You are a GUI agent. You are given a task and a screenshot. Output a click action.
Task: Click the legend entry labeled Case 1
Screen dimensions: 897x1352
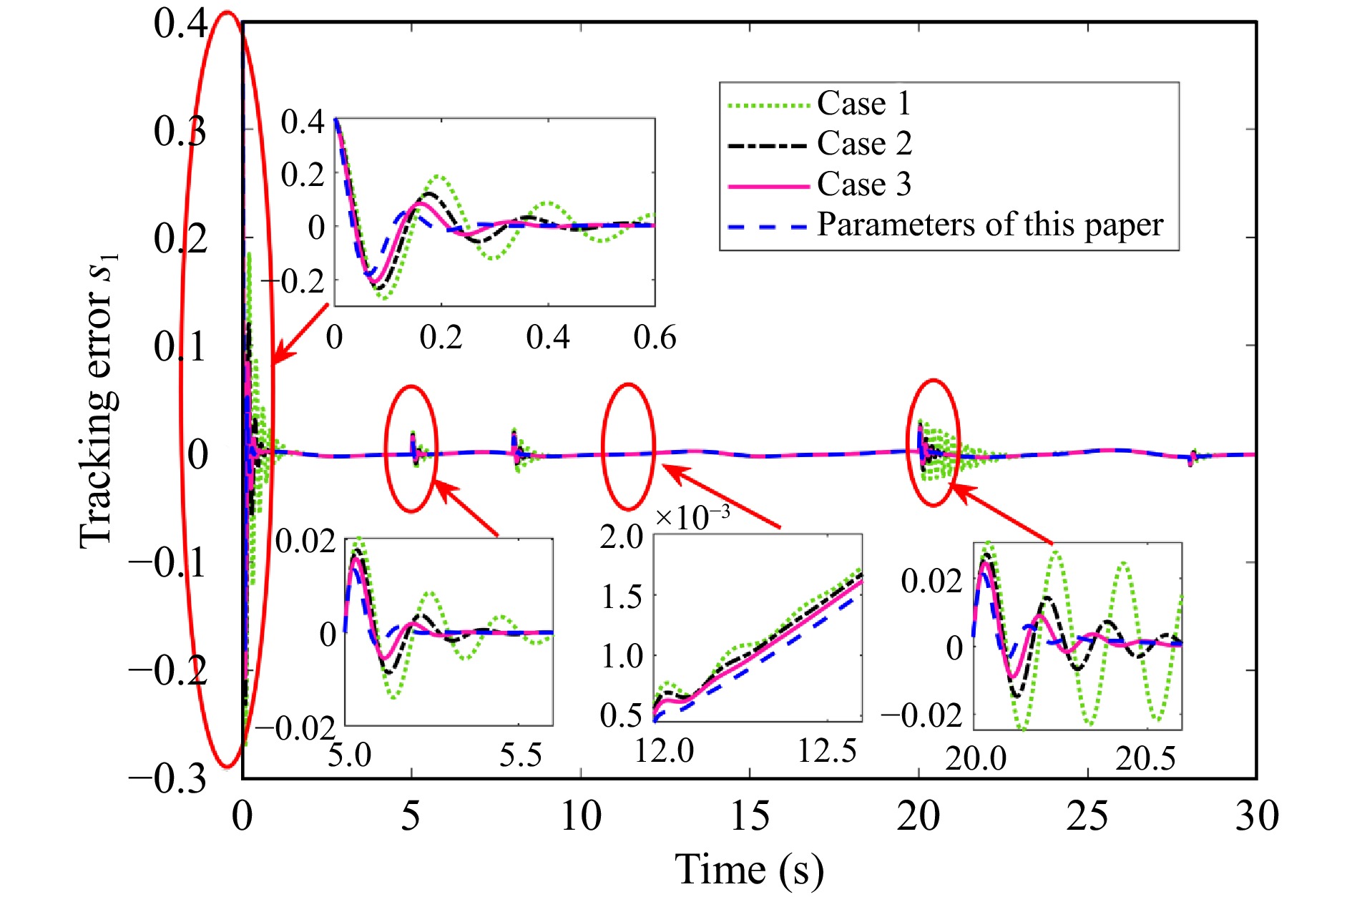coord(863,104)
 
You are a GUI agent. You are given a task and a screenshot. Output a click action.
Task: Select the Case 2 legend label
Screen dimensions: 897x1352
coord(864,144)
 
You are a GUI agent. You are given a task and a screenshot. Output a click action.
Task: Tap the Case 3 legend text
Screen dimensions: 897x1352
coord(864,185)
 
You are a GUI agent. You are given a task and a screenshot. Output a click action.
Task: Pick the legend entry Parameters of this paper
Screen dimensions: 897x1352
coord(990,225)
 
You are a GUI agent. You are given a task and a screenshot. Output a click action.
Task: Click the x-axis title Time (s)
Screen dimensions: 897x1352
coord(749,870)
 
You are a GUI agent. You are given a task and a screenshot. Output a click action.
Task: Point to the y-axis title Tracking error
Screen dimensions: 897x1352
coord(98,401)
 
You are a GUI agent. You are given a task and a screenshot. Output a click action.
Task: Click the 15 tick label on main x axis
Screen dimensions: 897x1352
coord(749,816)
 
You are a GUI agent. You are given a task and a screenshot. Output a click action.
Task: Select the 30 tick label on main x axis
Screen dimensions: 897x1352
coord(1256,816)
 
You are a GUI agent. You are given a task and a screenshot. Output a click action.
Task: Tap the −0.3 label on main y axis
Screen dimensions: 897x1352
coord(168,778)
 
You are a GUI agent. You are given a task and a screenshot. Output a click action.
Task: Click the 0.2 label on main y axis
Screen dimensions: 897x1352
coord(180,239)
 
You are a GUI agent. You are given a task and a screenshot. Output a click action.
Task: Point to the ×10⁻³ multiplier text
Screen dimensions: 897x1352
coord(692,516)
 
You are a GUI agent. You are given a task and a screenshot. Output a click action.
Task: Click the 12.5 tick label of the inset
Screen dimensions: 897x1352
coord(827,751)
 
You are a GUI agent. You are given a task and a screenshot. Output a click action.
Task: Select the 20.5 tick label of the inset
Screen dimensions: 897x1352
coord(1145,758)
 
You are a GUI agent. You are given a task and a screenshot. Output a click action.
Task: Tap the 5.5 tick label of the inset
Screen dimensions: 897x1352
coord(520,755)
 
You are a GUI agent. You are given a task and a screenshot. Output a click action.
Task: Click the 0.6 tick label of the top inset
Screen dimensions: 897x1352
coord(655,337)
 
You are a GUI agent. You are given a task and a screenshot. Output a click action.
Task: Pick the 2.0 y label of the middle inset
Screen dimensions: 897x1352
coord(622,536)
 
